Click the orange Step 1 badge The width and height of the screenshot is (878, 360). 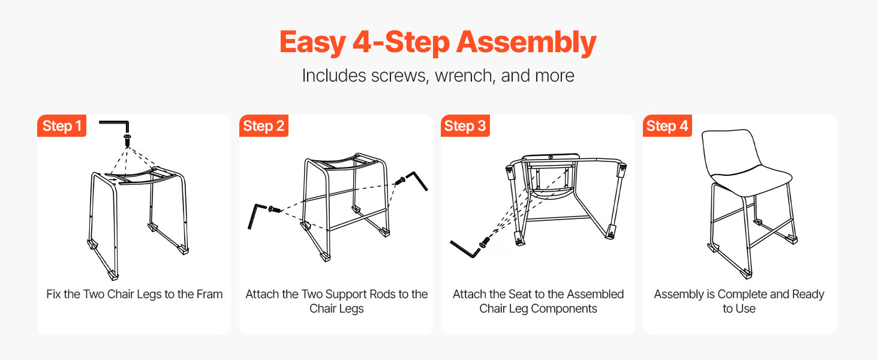click(x=62, y=125)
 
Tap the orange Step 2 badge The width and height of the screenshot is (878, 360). click(x=263, y=125)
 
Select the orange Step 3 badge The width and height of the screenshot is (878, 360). click(x=465, y=125)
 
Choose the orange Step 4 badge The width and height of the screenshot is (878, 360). click(x=667, y=125)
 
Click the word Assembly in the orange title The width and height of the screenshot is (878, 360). click(x=526, y=43)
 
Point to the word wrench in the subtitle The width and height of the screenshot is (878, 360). click(x=464, y=76)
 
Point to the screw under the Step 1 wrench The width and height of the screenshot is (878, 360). click(x=127, y=140)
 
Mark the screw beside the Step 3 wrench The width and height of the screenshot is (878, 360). click(x=485, y=242)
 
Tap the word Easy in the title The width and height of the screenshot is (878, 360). click(x=313, y=43)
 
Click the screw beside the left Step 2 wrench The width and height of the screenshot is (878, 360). click(x=274, y=209)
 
